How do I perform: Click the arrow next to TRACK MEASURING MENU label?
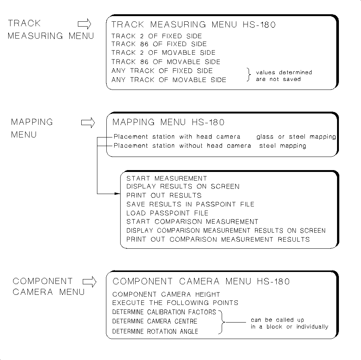click(x=85, y=25)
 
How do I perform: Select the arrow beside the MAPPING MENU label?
click(x=88, y=123)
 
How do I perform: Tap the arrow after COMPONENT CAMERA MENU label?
click(x=89, y=282)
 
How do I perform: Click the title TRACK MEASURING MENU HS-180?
click(x=194, y=25)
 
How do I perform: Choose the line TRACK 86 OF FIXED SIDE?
click(x=159, y=44)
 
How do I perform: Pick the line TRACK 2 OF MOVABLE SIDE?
click(x=163, y=53)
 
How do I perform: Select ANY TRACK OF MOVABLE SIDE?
click(x=169, y=80)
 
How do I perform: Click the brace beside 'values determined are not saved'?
click(x=249, y=75)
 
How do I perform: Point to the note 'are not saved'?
click(x=278, y=79)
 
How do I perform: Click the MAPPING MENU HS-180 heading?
click(x=169, y=122)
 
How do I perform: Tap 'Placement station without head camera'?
click(x=182, y=146)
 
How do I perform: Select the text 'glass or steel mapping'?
click(x=296, y=137)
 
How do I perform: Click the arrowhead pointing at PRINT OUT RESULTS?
click(x=117, y=194)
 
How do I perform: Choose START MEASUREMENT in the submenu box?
click(x=167, y=179)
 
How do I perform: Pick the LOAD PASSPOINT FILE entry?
click(x=167, y=213)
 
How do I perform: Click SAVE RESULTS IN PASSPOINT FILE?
click(x=190, y=204)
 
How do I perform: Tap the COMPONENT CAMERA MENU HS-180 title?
click(x=201, y=282)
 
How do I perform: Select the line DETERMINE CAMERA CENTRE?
click(x=155, y=321)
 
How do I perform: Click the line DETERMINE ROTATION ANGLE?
click(x=155, y=332)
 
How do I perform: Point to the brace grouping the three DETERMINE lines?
click(x=221, y=321)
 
